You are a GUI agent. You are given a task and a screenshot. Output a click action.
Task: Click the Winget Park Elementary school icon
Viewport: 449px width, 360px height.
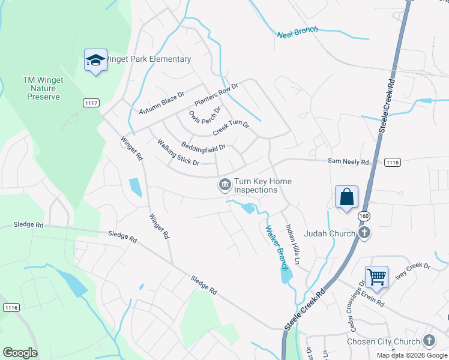[x=95, y=60]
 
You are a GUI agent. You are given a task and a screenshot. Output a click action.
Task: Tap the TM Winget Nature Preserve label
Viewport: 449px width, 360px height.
[x=41, y=88]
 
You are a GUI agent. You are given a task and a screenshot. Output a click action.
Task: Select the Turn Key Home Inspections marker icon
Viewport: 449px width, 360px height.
[x=225, y=184]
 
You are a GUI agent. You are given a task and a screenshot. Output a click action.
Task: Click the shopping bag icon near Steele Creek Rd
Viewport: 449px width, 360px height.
[x=347, y=197]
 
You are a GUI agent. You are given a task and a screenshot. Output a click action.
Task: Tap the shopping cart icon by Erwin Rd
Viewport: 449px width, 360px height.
[x=376, y=277]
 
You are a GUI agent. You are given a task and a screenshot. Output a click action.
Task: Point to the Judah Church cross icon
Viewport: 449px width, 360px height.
[x=364, y=233]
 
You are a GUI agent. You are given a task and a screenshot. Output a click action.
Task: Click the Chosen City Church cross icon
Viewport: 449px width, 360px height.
[x=429, y=341]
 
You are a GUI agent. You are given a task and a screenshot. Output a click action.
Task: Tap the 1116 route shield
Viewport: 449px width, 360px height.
[x=11, y=307]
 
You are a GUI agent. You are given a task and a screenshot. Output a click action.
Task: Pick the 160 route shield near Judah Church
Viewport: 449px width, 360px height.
[x=364, y=215]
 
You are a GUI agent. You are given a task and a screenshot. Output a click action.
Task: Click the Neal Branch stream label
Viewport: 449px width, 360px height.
[x=298, y=32]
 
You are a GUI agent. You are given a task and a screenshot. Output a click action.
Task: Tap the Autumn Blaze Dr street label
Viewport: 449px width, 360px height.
[x=161, y=103]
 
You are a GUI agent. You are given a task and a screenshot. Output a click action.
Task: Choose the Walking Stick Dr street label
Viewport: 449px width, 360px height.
[x=178, y=152]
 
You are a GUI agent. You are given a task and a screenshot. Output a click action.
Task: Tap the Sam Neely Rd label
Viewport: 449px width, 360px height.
[x=348, y=161]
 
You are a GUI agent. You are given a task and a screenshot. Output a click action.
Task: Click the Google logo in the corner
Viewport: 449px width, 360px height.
[x=20, y=353]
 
